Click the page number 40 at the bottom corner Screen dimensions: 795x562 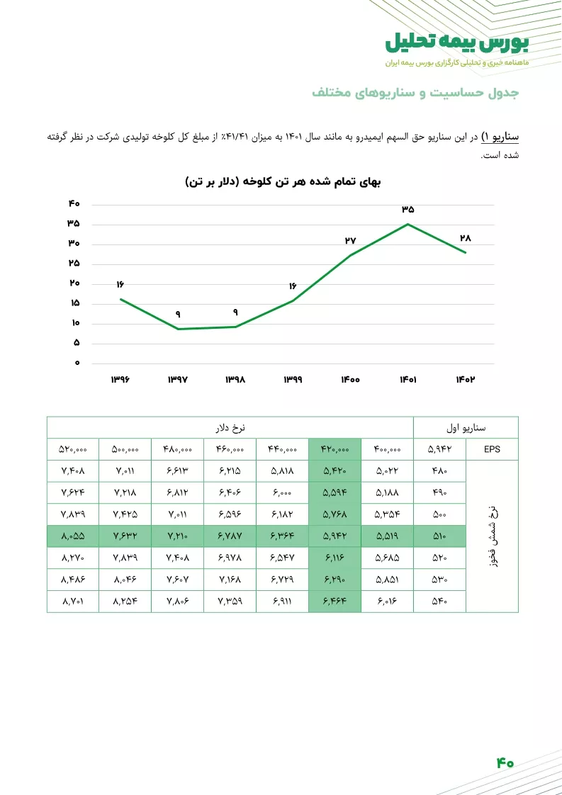click(x=505, y=762)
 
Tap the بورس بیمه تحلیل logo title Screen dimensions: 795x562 click(x=456, y=42)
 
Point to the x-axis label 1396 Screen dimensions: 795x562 click(x=120, y=380)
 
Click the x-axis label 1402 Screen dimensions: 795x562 click(x=465, y=380)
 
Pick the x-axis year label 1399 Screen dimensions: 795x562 click(x=293, y=380)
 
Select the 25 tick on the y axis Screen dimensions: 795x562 click(x=74, y=264)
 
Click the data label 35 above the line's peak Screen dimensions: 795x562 click(x=408, y=210)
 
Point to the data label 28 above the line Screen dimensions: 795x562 click(x=465, y=238)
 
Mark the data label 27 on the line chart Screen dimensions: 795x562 click(x=350, y=241)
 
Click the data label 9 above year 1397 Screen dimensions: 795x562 click(x=178, y=314)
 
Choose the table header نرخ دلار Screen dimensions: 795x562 click(x=230, y=428)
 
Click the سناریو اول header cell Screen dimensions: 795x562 click(x=466, y=428)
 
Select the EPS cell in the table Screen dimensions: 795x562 click(x=492, y=449)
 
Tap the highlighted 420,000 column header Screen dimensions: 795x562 click(x=335, y=449)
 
